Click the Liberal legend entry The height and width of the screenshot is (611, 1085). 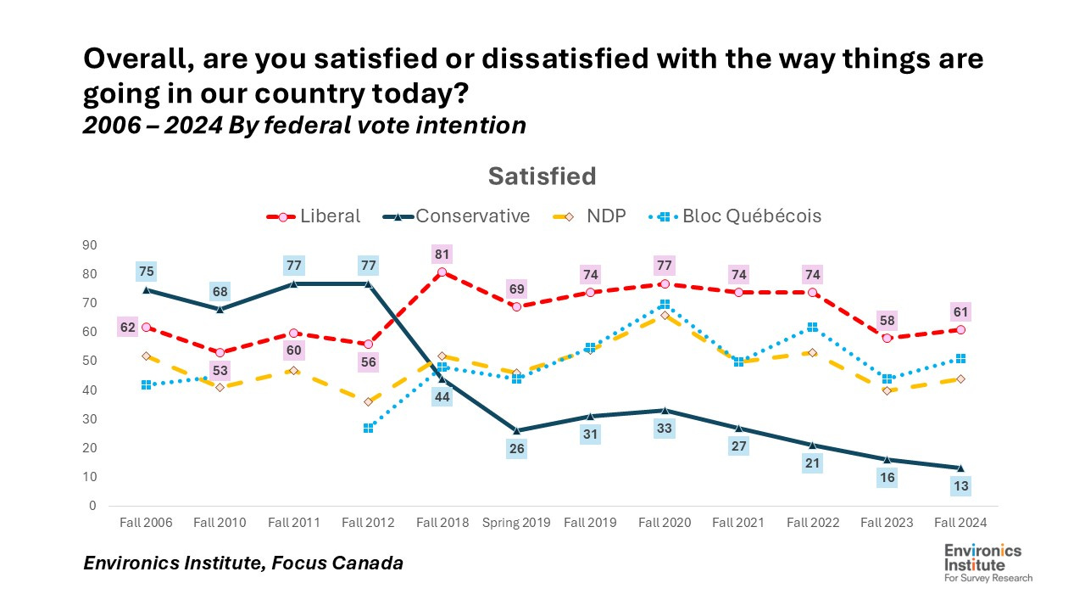click(314, 216)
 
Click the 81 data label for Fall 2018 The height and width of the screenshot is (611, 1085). click(442, 254)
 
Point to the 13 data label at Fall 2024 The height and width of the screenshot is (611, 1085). click(960, 486)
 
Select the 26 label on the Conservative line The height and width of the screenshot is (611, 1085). click(515, 449)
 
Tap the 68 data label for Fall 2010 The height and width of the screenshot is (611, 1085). click(220, 290)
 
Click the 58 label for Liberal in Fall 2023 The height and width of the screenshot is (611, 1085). click(887, 320)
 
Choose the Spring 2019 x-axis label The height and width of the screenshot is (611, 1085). click(516, 523)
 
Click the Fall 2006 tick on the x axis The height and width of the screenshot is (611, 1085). click(146, 523)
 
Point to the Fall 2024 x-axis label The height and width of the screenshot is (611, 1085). click(960, 523)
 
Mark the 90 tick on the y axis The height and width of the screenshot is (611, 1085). click(89, 245)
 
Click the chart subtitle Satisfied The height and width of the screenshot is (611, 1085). click(542, 177)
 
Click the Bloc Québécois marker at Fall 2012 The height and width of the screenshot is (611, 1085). click(369, 429)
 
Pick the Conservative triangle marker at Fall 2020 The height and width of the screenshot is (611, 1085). click(664, 410)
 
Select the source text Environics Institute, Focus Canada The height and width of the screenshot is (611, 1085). click(242, 563)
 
